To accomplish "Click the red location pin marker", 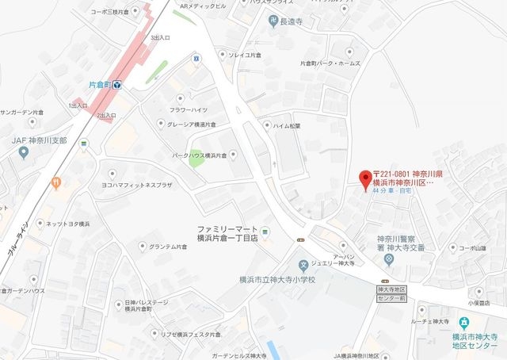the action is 364,178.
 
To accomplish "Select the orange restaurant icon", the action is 56,182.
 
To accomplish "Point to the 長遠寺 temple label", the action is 293,21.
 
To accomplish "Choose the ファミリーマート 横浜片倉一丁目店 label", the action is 229,233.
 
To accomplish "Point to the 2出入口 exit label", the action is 106,116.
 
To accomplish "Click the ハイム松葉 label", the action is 287,125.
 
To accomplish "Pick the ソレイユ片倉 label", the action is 243,56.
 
